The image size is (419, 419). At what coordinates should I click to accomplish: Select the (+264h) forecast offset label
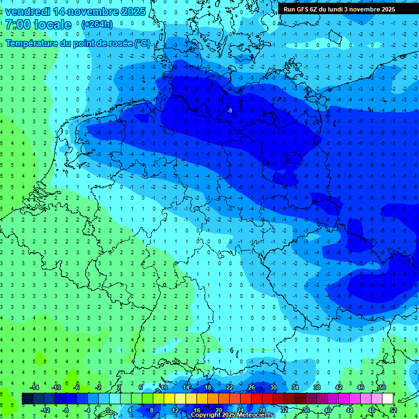[x=97, y=25]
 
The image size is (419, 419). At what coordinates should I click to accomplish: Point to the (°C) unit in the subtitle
[x=142, y=43]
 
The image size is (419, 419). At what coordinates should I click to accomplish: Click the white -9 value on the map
[x=230, y=111]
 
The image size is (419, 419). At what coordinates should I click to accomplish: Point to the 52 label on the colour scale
[x=393, y=410]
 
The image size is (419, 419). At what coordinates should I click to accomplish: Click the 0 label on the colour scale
[x=109, y=410]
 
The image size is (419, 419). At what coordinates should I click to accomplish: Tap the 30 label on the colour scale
[x=273, y=387]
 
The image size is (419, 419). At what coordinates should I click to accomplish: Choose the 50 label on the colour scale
[x=382, y=387]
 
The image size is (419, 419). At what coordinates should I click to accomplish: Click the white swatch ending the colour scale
[x=387, y=399]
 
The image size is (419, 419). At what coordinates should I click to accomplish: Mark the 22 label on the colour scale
[x=229, y=387]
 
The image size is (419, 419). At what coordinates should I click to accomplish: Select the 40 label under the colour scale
[x=327, y=410]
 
